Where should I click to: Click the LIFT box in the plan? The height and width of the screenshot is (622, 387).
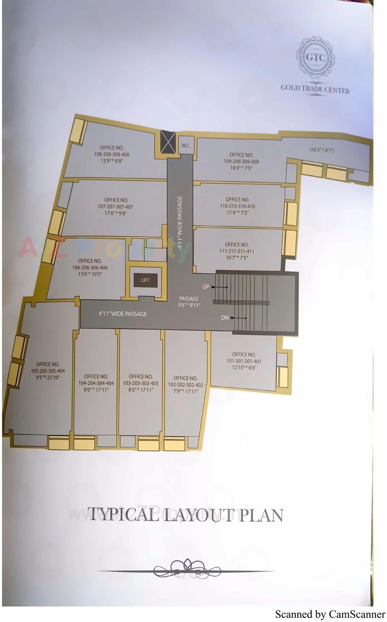click(x=145, y=280)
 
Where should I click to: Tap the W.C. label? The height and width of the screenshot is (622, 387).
click(x=186, y=146)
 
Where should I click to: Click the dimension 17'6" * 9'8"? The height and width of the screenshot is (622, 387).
click(x=116, y=213)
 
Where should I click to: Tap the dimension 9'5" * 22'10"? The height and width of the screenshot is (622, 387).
click(x=48, y=378)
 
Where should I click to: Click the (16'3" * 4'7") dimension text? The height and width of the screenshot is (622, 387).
click(x=322, y=150)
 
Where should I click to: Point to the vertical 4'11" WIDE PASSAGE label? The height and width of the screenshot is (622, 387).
click(x=180, y=223)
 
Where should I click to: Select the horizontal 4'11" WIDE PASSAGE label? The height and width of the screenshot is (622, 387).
click(x=123, y=314)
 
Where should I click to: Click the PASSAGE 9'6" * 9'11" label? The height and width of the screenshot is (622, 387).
click(x=189, y=302)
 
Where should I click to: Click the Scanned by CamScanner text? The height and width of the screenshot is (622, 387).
click(x=330, y=614)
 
